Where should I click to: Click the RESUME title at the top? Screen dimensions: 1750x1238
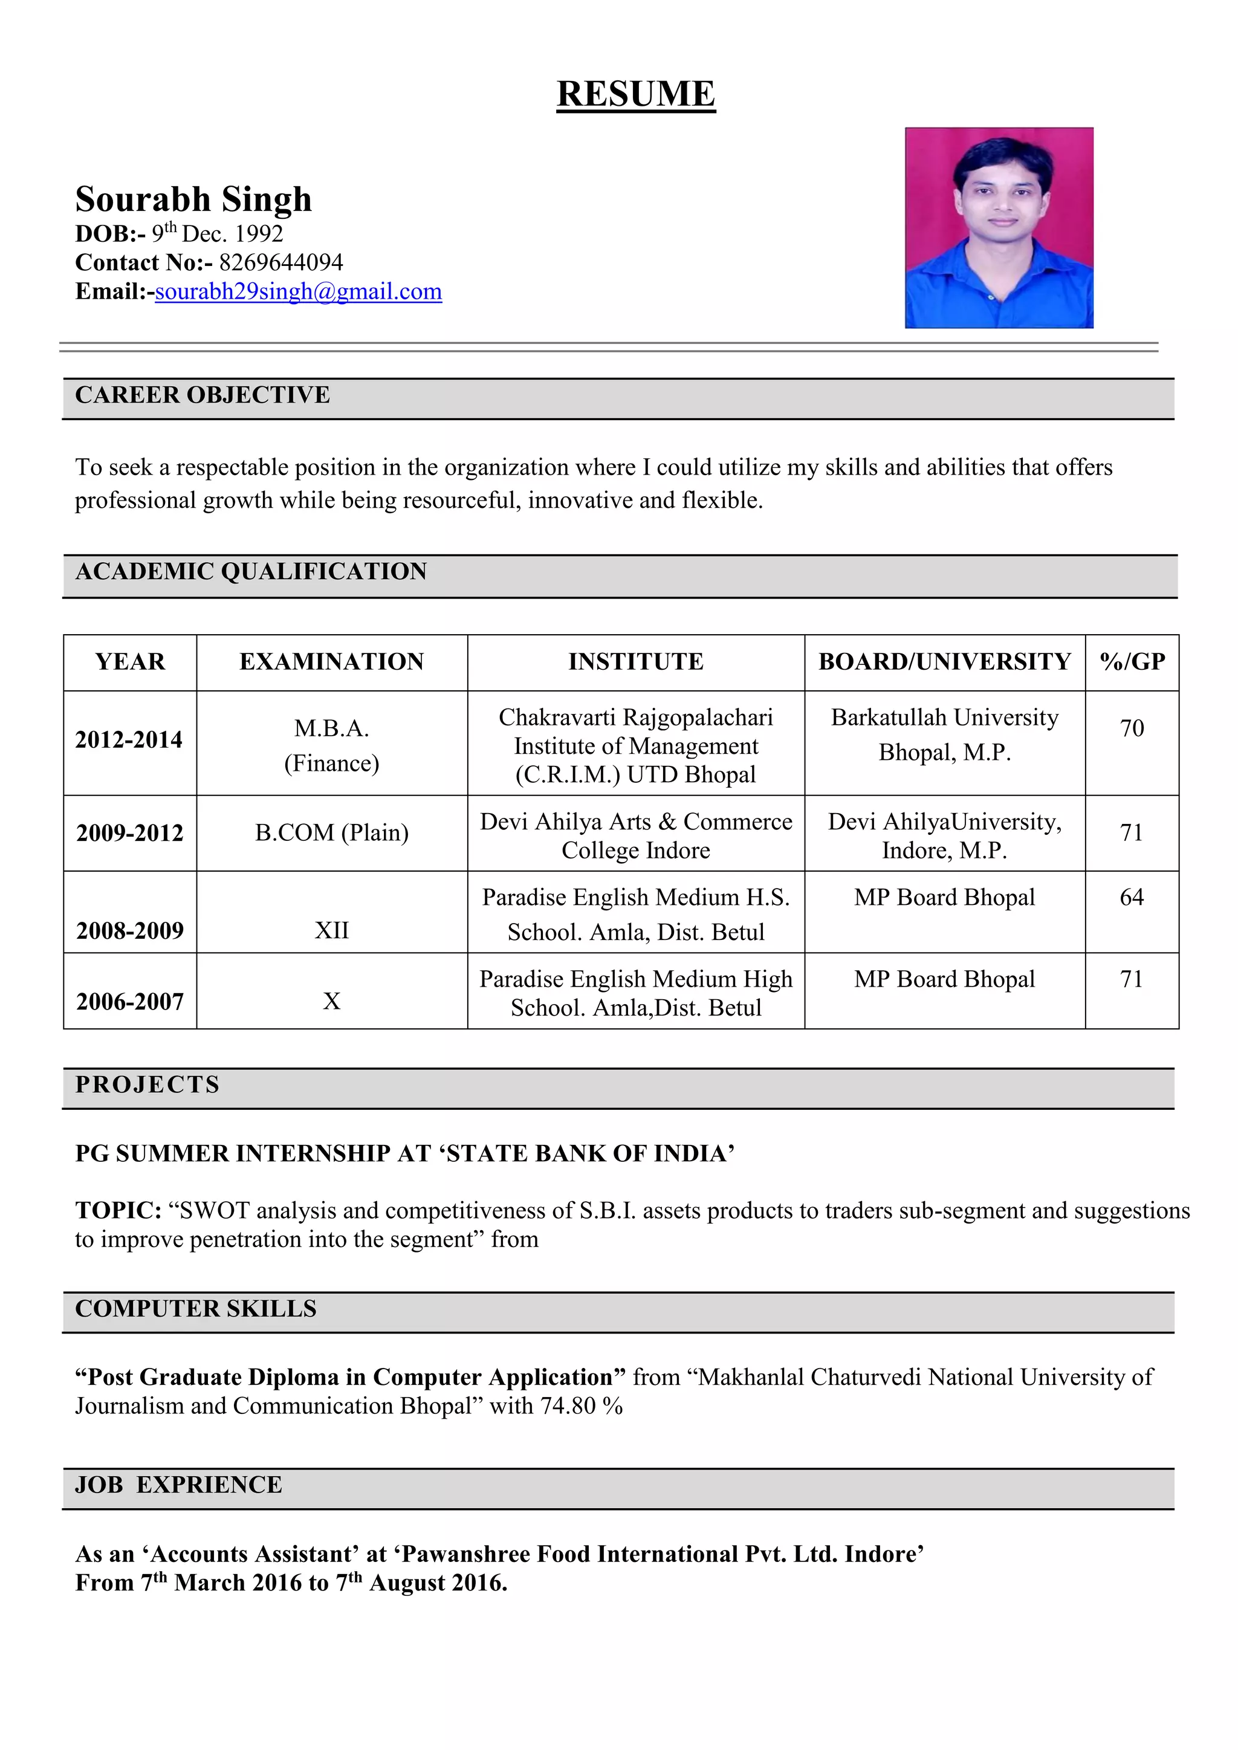click(636, 94)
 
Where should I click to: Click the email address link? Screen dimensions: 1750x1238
click(298, 291)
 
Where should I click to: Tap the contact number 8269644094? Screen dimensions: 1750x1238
click(280, 262)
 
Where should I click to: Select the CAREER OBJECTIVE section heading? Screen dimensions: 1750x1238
click(202, 395)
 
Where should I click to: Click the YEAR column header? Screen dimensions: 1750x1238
click(129, 661)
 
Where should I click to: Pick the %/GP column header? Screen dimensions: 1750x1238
click(1132, 661)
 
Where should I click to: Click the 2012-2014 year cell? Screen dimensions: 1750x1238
click(129, 739)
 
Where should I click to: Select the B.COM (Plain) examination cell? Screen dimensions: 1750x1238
click(332, 832)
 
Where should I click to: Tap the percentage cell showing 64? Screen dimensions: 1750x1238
click(1131, 897)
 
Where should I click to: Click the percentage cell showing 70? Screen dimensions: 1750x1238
click(1131, 728)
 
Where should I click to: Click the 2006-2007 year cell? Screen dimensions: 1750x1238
click(129, 1002)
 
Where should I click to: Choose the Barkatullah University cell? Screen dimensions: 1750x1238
click(944, 734)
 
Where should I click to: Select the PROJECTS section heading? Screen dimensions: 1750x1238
click(147, 1084)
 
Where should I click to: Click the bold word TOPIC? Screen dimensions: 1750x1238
click(118, 1210)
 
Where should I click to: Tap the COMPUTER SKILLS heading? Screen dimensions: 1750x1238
click(195, 1309)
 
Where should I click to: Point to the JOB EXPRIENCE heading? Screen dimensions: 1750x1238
click(178, 1485)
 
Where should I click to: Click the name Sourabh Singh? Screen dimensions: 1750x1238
click(193, 199)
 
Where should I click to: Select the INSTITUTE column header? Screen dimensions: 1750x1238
click(636, 661)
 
